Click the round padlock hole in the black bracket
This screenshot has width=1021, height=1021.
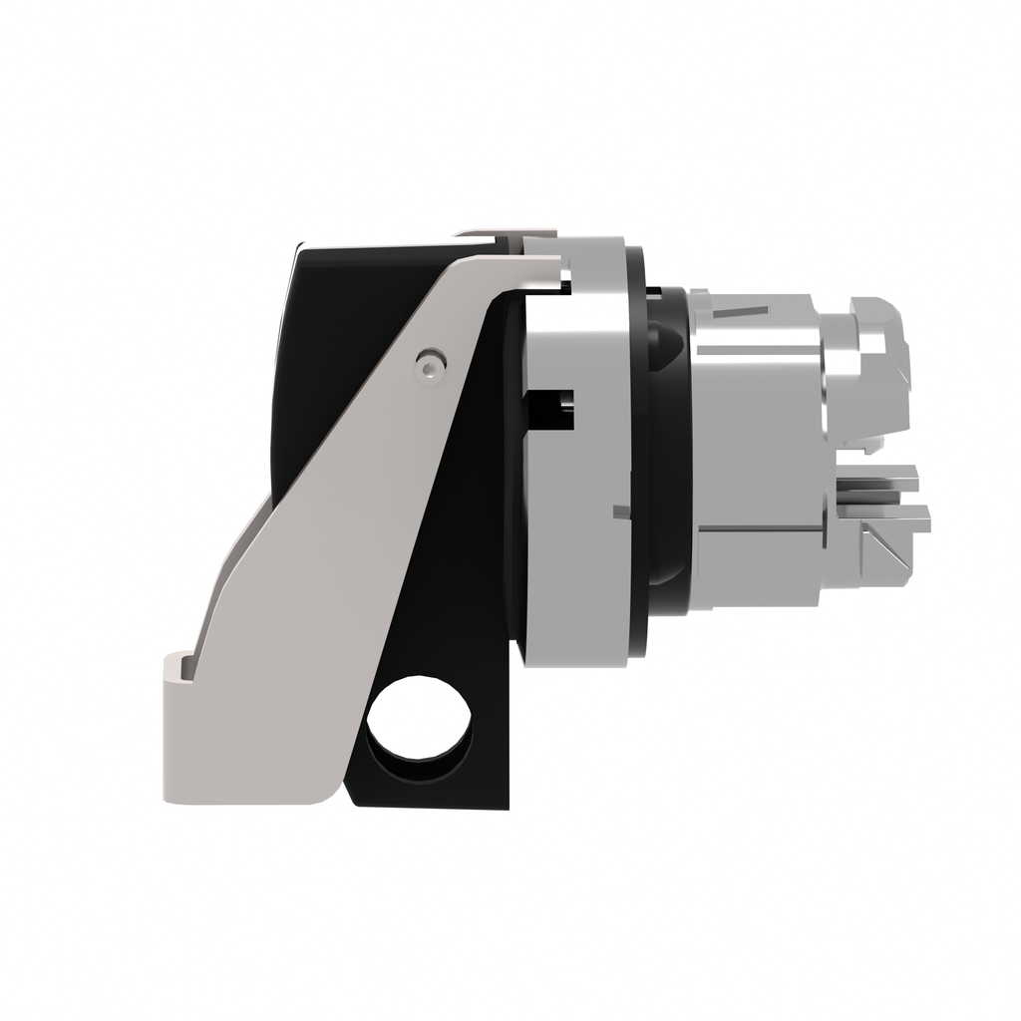click(x=419, y=720)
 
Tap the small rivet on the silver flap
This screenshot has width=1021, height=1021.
click(x=429, y=367)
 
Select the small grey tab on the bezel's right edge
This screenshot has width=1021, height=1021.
click(x=620, y=513)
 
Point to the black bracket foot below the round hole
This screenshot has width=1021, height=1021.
click(x=429, y=788)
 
